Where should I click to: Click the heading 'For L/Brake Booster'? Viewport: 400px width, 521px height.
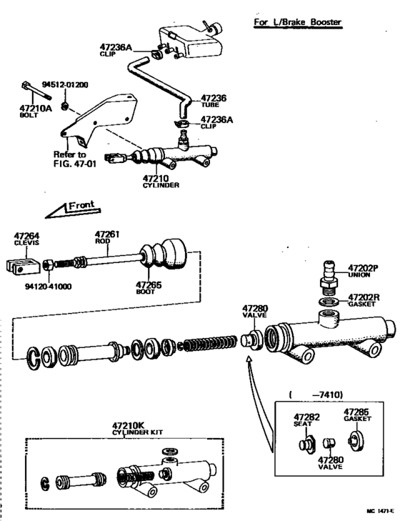coord(298,22)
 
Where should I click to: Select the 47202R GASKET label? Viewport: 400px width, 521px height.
coord(366,299)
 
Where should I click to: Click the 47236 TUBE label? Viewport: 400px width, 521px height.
coord(214,101)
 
